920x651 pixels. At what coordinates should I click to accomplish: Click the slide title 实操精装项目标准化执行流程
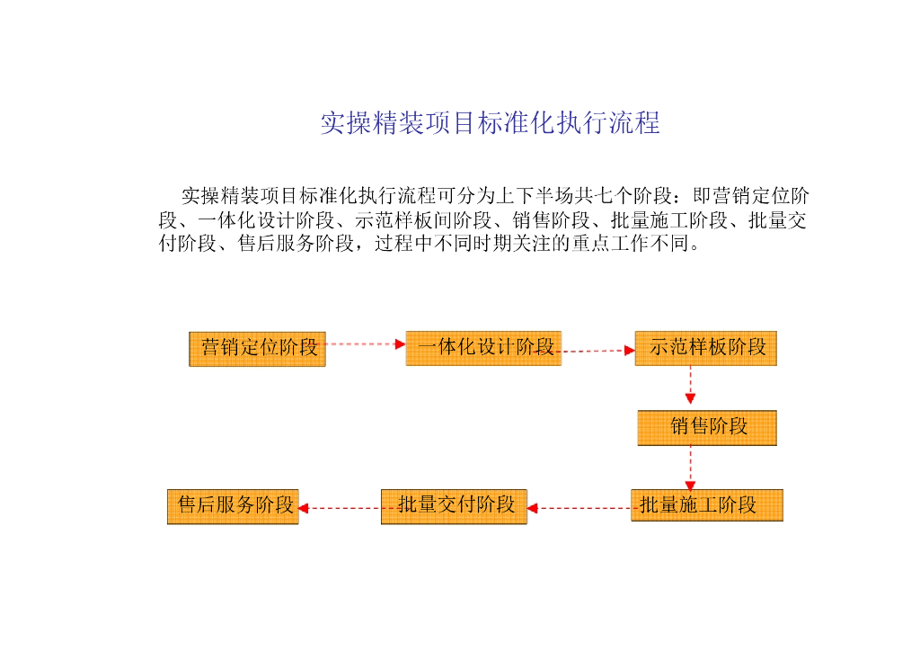[x=490, y=123]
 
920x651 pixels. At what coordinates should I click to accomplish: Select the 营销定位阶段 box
[x=257, y=348]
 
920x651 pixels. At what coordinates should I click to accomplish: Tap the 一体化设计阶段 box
[x=483, y=348]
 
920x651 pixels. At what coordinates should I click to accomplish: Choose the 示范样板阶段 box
[x=705, y=348]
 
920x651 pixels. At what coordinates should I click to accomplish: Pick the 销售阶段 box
[x=707, y=427]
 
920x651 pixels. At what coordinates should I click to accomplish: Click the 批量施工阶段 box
[x=707, y=505]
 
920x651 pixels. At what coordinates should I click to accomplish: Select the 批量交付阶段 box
[x=454, y=506]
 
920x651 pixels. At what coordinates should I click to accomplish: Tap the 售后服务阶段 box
[x=233, y=506]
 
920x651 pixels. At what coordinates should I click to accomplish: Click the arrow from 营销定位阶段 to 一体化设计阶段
[x=365, y=343]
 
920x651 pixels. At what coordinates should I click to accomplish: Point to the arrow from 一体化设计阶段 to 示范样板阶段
[x=597, y=351]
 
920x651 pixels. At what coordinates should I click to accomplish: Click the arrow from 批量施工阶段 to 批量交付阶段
[x=579, y=508]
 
